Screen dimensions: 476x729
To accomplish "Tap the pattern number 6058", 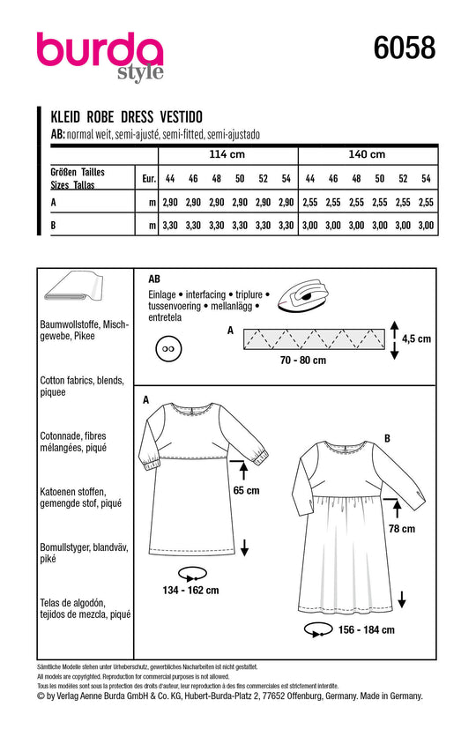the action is coord(405,48).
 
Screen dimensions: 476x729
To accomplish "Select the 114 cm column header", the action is coord(227,154).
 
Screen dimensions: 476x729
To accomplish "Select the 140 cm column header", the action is coord(367,154).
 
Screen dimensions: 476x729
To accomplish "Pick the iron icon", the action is coord(303,294).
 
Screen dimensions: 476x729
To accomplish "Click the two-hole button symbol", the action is coord(167,348).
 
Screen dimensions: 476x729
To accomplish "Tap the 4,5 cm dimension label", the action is coord(416,338).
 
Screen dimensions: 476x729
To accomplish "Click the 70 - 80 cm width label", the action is coord(303,361).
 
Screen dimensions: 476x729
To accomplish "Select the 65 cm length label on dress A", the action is coord(246,490).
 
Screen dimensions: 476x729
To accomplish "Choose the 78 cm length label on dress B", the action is coord(402,529).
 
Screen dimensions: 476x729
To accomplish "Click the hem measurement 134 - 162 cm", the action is coord(190,590).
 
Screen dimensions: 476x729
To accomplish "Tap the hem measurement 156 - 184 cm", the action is coord(367,630).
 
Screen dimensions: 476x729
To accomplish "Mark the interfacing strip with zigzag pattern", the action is coord(314,338).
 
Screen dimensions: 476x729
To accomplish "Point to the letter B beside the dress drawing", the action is coord(387,438).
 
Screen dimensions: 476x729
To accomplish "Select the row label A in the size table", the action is coord(54,202).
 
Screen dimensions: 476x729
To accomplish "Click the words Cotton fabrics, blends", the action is coord(82,380).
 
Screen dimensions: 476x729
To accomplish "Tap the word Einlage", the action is coord(162,294).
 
